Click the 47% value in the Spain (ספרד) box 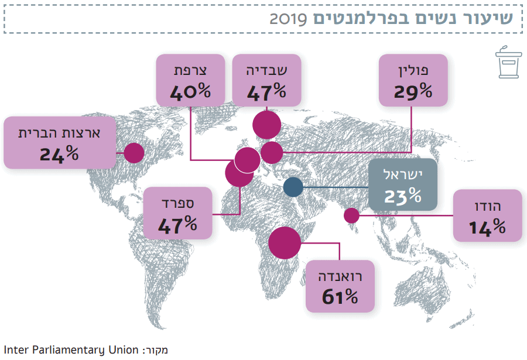[x=177, y=224]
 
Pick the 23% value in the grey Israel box [x=402, y=196]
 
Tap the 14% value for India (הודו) [x=487, y=227]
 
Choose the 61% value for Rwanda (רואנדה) [x=340, y=297]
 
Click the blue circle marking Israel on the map [x=293, y=187]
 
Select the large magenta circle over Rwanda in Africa [x=285, y=242]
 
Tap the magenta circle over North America [x=134, y=153]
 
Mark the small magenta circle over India [x=351, y=215]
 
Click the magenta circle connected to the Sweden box [x=266, y=125]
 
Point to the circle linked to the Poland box [x=272, y=153]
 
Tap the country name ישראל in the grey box [x=402, y=174]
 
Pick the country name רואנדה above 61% [x=340, y=276]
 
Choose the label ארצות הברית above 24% [x=59, y=133]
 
